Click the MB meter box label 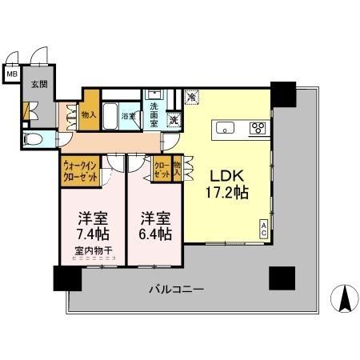11,75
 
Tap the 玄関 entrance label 38,83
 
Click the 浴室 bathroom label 127,116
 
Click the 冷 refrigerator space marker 191,97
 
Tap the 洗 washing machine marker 173,120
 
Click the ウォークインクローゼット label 80,170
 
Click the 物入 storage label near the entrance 89,114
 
